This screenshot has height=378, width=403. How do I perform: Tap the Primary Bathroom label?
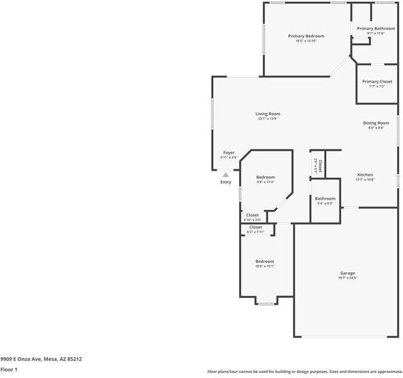[x=375, y=28]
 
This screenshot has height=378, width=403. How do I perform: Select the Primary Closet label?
[x=377, y=81]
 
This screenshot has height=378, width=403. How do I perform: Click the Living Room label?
[x=267, y=114]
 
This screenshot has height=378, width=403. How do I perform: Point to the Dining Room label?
[x=376, y=123]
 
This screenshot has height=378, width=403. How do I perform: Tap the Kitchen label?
[x=365, y=175]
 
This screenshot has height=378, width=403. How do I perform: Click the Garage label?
[x=348, y=273]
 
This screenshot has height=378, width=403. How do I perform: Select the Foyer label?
[x=229, y=152]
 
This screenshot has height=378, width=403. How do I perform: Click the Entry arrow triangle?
[x=226, y=175]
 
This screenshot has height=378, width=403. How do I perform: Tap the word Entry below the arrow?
[x=226, y=182]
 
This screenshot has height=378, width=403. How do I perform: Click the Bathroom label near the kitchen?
[x=325, y=198]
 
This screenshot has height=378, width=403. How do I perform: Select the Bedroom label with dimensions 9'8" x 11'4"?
[x=266, y=177]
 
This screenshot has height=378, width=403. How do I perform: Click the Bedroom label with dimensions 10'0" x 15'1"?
[x=265, y=261]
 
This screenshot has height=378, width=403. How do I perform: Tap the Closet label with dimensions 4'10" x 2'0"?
[x=252, y=215]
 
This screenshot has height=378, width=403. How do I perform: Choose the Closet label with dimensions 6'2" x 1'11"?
[x=255, y=227]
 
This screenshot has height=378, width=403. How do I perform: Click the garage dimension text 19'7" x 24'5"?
[x=348, y=278]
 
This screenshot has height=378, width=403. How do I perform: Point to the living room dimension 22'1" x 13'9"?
[x=267, y=118]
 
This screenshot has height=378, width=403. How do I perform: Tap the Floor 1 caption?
[x=9, y=370]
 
